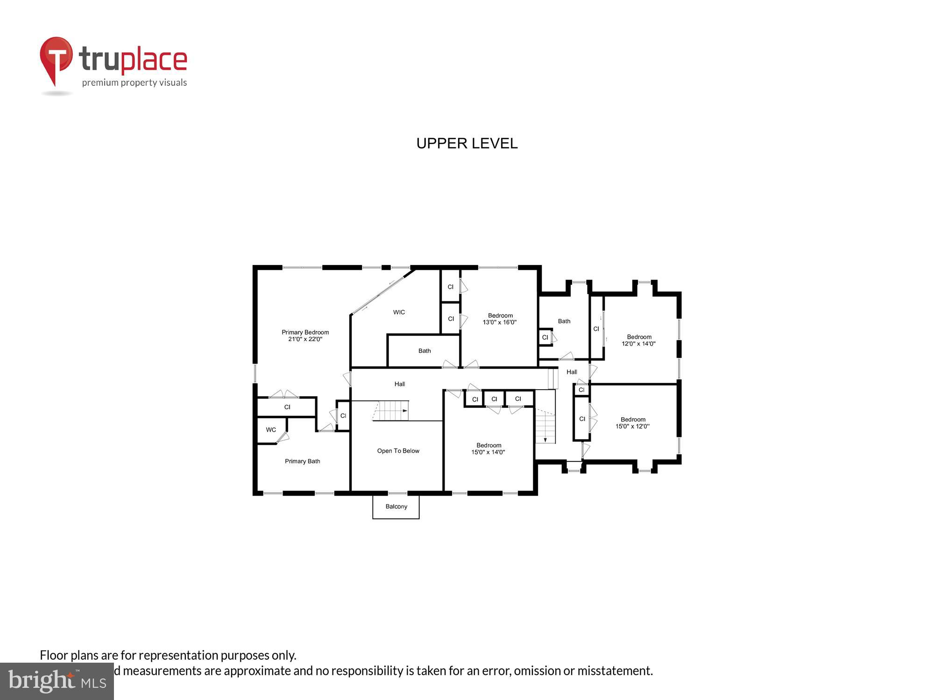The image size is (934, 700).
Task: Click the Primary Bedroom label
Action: pos(305,332)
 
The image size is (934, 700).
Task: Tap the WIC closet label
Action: pos(399,312)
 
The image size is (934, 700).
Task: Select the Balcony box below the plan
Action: pos(396,507)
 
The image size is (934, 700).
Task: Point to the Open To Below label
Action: pos(398,451)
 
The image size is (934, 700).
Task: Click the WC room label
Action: pos(271,430)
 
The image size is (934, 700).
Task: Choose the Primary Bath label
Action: pos(302,461)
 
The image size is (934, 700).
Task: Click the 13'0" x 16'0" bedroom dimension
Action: pos(500,322)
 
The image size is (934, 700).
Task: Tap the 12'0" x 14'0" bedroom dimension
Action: pos(638,344)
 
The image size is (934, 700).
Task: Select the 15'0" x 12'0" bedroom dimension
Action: pos(632,427)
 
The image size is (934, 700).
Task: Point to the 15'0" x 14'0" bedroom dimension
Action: pos(488,452)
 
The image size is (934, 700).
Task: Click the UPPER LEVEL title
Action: pos(467,143)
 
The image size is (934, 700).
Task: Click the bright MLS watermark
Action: pos(57,681)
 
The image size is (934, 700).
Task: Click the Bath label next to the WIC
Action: pos(425,351)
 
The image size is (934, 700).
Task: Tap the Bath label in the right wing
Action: pos(564,321)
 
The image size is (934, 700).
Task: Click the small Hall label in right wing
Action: pos(572,372)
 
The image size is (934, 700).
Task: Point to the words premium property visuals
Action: pos(134,83)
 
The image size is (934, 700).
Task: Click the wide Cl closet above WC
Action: pos(287,407)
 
